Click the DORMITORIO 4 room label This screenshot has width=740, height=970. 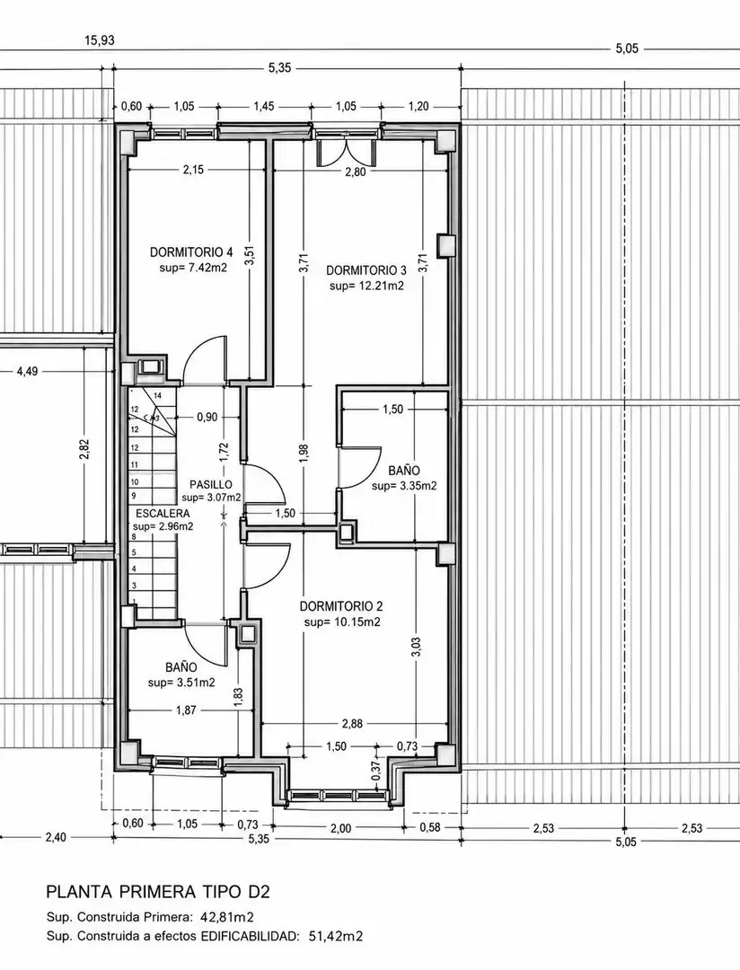tap(191, 252)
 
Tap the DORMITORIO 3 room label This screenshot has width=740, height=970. tap(366, 270)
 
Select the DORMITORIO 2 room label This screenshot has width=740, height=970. tap(341, 606)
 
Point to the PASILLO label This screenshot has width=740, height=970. tap(211, 484)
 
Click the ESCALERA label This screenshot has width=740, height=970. tap(163, 514)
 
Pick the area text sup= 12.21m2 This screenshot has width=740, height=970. tap(366, 286)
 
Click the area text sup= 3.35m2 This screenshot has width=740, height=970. tap(404, 486)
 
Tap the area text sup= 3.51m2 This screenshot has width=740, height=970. tap(181, 683)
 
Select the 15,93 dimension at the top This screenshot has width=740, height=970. tap(100, 40)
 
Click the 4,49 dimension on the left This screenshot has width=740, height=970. tap(27, 371)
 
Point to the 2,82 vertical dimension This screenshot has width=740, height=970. tap(84, 450)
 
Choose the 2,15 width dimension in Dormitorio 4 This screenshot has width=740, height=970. tap(193, 170)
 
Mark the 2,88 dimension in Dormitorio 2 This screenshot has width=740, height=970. tap(352, 723)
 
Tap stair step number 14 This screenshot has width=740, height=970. tap(157, 395)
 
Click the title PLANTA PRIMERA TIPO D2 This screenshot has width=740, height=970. tap(158, 892)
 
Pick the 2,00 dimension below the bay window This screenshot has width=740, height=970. tap(340, 828)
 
